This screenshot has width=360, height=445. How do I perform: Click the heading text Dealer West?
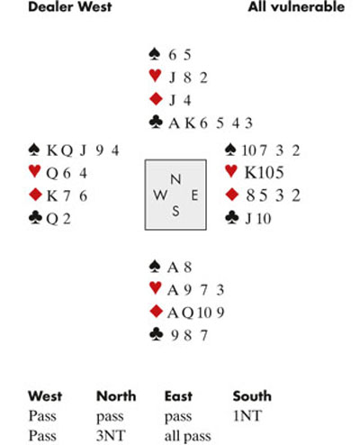pos(70,7)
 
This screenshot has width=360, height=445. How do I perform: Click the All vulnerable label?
pos(296,7)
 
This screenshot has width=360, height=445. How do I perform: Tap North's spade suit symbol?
pos(155,54)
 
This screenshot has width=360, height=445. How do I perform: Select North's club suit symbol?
pos(156,123)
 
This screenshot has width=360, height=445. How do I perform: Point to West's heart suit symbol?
pos(34,171)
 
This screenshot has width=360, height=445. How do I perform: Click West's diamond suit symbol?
pos(35,195)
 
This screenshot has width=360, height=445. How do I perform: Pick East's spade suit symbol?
pos(230,150)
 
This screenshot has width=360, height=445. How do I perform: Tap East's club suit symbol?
pos(232,218)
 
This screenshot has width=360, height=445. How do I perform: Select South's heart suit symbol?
pos(156,288)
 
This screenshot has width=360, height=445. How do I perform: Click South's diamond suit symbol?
pos(156,312)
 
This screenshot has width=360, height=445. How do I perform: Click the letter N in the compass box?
pos(175,179)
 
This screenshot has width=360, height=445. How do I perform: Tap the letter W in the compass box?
pos(160,195)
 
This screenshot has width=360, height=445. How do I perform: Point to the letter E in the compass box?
pos(194,195)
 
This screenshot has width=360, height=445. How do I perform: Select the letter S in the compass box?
pos(175,212)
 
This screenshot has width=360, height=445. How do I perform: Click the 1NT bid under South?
pos(247,416)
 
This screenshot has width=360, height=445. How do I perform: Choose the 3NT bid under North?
pos(111,436)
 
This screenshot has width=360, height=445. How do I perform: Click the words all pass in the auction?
pos(187,437)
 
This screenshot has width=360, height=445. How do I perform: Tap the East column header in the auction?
pos(178,396)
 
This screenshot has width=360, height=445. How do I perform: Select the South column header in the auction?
pos(252,396)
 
